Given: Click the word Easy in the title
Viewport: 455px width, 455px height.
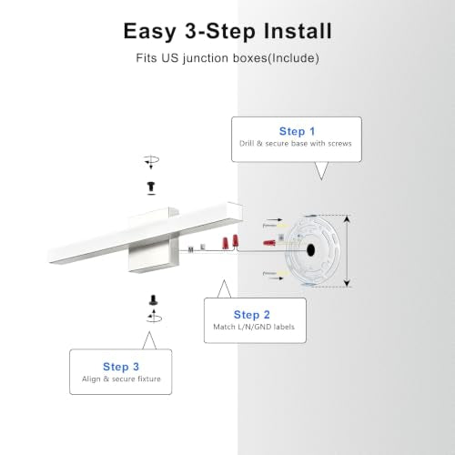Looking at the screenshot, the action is (x=150, y=32).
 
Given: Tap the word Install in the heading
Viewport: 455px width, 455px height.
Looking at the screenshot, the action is (x=298, y=31).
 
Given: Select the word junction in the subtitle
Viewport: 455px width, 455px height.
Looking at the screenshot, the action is (x=207, y=58).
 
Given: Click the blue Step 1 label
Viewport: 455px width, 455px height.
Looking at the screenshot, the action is (x=297, y=131).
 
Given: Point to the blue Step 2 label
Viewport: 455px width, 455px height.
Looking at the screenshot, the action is (x=252, y=315).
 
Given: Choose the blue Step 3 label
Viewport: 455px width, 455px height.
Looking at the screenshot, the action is (x=121, y=367).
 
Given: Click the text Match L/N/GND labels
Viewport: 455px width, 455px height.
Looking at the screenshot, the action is (x=254, y=327).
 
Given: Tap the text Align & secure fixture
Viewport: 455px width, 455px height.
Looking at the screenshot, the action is (x=121, y=379).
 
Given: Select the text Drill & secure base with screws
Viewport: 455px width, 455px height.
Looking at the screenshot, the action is (x=296, y=144).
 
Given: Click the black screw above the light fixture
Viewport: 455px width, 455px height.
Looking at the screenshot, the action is (x=151, y=187).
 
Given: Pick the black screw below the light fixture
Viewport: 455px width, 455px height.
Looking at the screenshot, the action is (x=153, y=300).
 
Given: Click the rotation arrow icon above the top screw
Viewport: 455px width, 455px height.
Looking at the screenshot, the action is (x=151, y=161).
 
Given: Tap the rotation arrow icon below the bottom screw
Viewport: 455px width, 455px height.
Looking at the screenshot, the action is (x=154, y=317).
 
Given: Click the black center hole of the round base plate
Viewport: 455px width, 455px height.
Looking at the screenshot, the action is (x=310, y=250).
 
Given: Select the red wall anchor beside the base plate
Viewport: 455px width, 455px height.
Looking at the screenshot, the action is (x=269, y=243).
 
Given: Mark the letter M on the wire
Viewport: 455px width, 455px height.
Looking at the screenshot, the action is (x=190, y=249).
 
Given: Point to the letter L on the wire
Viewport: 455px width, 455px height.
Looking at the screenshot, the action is (x=203, y=248).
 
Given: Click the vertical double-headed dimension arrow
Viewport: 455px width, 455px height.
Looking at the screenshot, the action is (x=348, y=251).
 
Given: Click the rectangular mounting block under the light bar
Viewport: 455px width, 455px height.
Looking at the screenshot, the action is (x=154, y=254).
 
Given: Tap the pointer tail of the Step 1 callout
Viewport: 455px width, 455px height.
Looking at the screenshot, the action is (x=321, y=171).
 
